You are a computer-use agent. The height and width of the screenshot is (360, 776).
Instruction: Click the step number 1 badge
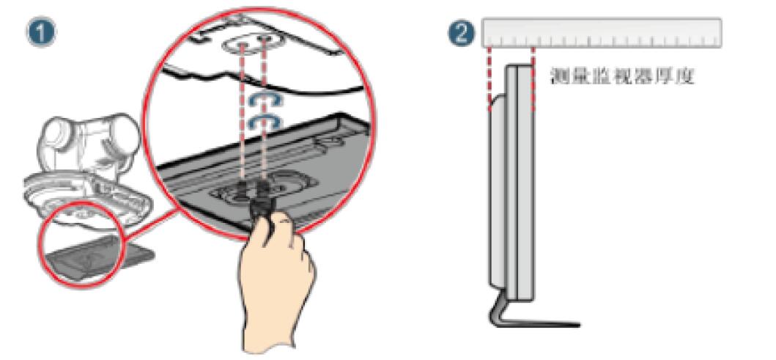pyautogui.click(x=40, y=33)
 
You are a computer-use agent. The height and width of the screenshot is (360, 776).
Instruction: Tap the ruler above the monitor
pyautogui.click(x=602, y=33)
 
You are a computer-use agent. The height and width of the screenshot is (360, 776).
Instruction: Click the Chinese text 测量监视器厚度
pyautogui.click(x=623, y=76)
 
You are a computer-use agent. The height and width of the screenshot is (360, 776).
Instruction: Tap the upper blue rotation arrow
pyautogui.click(x=265, y=99)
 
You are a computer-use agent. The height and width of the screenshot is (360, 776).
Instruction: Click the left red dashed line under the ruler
pyautogui.click(x=489, y=77)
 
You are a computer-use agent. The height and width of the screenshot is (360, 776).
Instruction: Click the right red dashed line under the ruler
pyautogui.click(x=533, y=80)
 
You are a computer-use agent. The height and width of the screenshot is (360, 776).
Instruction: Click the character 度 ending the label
pyautogui.click(x=686, y=76)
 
